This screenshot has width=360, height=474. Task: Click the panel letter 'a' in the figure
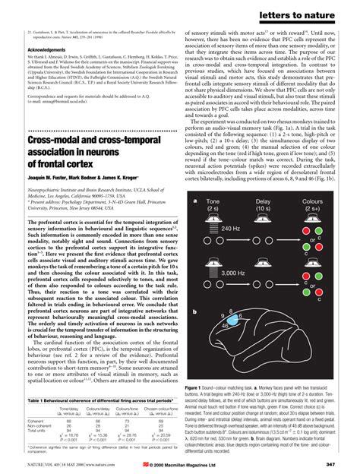(x=196, y=201)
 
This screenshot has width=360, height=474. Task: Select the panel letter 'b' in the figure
(x=196, y=311)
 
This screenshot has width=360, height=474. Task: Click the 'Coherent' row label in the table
(x=36, y=420)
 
